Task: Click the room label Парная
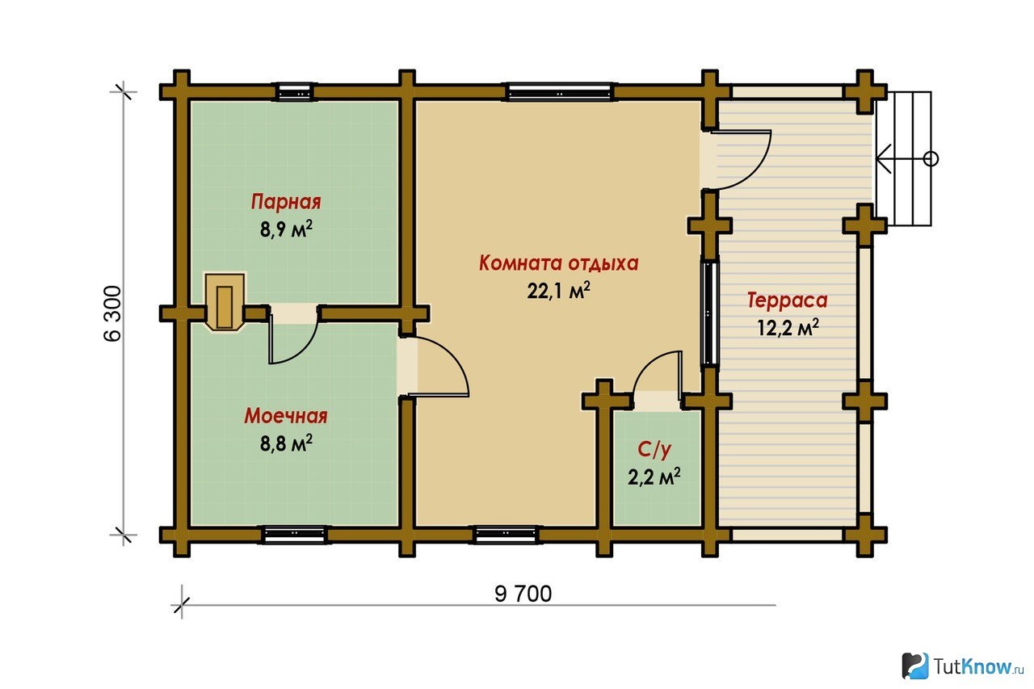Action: [286, 202]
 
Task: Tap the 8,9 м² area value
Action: [286, 229]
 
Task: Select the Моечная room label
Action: [286, 416]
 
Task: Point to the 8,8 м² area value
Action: [286, 443]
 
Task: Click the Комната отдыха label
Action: [558, 263]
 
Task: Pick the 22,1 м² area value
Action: [558, 290]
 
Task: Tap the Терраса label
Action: [788, 300]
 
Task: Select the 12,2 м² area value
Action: [788, 327]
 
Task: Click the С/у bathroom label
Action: [654, 449]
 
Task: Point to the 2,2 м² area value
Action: [654, 477]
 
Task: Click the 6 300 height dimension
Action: [113, 314]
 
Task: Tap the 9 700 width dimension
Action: [523, 594]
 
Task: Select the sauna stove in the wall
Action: [225, 302]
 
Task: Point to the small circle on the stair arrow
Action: [931, 159]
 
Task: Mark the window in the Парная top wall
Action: [295, 92]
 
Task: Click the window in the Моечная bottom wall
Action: [295, 535]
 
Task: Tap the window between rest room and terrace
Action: [710, 313]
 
